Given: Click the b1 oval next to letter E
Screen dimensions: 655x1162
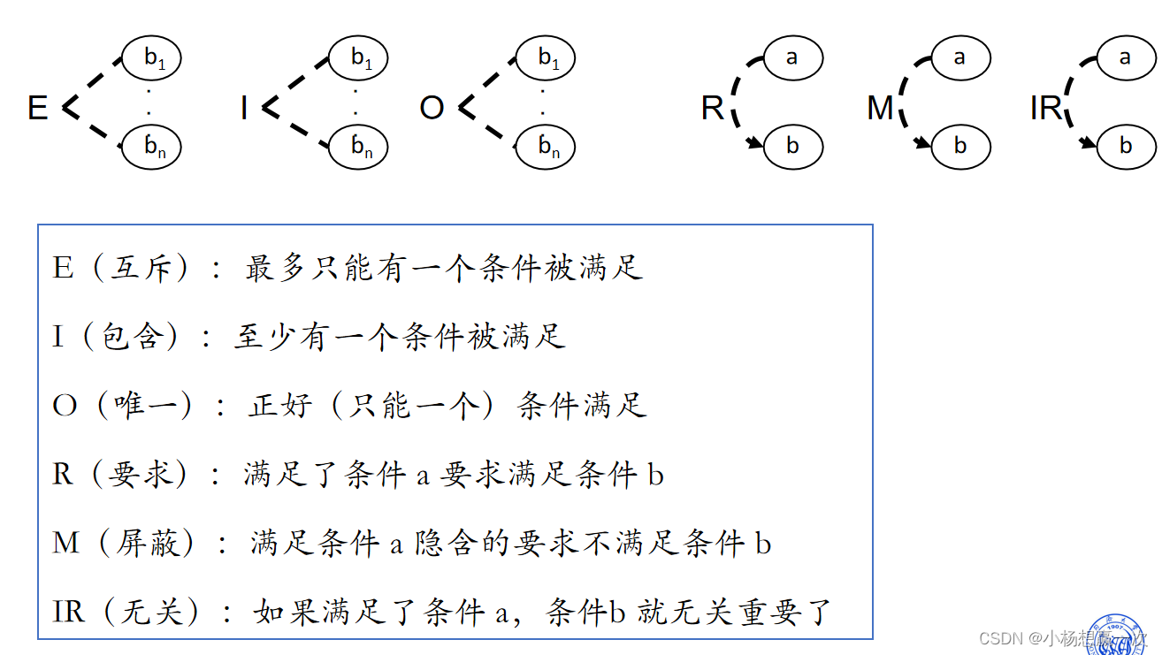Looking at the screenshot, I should [152, 57].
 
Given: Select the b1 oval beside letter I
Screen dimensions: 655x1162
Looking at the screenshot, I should [359, 57].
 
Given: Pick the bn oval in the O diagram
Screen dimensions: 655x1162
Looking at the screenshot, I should [546, 147].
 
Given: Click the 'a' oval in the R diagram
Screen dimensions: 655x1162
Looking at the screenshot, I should [791, 57].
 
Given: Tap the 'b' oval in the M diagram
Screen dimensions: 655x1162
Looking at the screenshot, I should [960, 147].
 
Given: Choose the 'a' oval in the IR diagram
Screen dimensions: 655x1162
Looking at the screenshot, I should [1125, 57].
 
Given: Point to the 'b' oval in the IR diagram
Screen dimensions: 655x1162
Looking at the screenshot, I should [1125, 147].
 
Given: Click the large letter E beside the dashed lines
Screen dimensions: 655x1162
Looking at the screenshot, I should [37, 109].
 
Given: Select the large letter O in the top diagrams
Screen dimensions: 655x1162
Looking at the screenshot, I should [432, 109].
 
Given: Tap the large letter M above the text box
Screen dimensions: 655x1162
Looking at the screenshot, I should [880, 109].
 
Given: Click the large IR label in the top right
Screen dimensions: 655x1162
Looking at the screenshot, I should [1046, 109].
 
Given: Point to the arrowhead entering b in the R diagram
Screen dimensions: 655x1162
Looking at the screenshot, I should [754, 144].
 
